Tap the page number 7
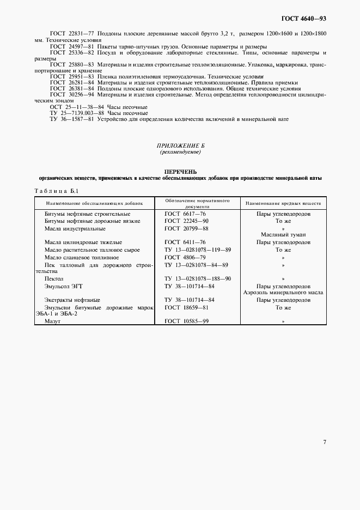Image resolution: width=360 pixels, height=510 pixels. coord(325,442)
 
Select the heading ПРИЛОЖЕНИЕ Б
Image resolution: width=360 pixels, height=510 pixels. coord(180,147)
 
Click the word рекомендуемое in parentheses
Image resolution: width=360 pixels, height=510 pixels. coord(180,153)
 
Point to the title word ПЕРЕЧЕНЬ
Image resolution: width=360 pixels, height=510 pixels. coord(180,172)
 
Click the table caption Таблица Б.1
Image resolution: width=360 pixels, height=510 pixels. coord(57,191)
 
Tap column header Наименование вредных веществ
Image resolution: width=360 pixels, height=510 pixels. coord(283,203)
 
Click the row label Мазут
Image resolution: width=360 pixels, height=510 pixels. coord(52,322)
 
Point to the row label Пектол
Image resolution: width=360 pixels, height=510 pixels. coord(54,278)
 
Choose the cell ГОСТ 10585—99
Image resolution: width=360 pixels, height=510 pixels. coord(186,322)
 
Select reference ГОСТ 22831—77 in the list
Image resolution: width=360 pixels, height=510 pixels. coord(72,34)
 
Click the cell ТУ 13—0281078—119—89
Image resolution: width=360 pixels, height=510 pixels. coord(198,250)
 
